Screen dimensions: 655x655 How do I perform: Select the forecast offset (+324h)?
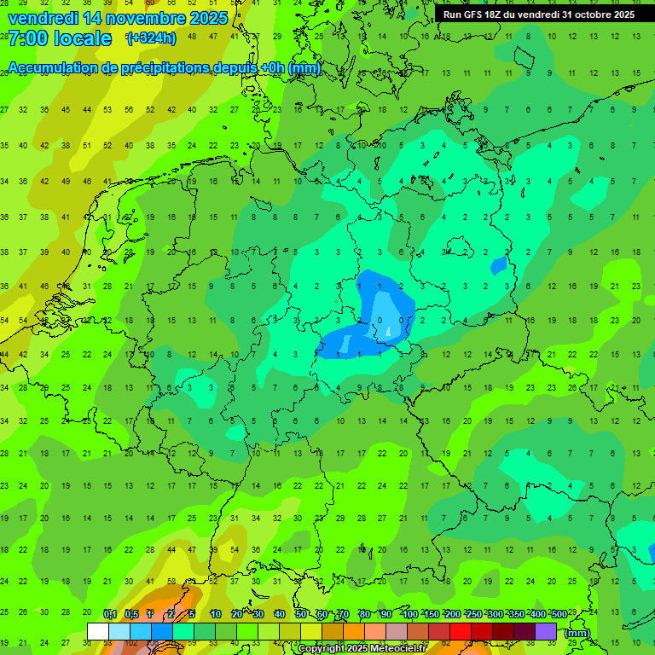151,38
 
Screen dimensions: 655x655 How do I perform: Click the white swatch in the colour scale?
98,631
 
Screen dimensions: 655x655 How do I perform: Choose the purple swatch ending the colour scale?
546,631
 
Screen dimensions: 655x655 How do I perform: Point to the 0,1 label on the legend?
110,615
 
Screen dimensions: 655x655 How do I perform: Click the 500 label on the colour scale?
559,615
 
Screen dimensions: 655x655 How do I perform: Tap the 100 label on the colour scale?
410,615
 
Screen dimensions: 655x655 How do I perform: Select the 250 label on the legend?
474,615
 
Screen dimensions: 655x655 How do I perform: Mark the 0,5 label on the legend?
131,615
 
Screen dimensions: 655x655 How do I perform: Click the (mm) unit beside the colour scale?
577,633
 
